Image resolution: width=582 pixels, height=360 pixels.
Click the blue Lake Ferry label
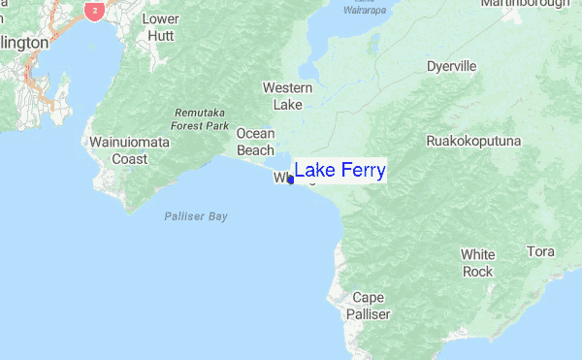coord(339,171)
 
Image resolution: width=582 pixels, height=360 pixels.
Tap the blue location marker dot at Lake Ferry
coord(291,180)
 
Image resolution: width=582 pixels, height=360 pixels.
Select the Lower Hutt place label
coord(161,26)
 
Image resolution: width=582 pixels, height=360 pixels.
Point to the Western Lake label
coord(288,96)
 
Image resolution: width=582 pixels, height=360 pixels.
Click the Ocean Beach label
coord(256,142)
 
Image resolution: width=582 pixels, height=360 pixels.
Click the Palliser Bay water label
coord(195,216)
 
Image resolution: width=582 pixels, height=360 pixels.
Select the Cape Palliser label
coord(369,306)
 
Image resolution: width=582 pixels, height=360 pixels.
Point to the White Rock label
coord(477,263)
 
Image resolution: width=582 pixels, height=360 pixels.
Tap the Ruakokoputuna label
coord(473,141)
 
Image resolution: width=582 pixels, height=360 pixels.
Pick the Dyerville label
coord(451,67)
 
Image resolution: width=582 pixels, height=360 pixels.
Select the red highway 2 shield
coord(94,10)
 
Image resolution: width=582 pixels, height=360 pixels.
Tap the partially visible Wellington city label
coord(23,44)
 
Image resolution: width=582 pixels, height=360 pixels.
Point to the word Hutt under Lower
coord(161,35)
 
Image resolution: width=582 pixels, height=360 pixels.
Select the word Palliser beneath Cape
coord(369,314)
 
